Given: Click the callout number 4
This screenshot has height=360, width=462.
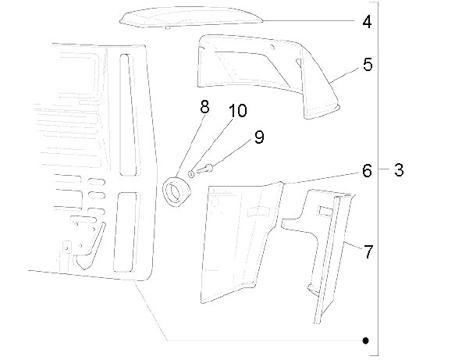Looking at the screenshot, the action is pos(367,22).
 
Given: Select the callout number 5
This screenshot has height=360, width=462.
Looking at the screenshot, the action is pos(368,65).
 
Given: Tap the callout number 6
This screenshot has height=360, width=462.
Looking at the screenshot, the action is pos(367,171).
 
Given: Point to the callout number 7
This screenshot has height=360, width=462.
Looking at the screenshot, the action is pos(368,251).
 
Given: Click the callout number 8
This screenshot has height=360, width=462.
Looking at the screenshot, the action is pos(204,107).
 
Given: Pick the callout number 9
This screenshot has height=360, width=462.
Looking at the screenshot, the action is pos(259,137).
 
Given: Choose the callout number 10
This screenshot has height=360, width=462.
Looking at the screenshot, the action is pos(238,111).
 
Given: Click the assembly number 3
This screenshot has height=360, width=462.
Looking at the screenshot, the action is pos(399,170).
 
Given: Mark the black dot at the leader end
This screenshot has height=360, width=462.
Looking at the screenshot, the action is pos(365,340).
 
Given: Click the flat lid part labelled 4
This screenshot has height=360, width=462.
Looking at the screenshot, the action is pos(191,18).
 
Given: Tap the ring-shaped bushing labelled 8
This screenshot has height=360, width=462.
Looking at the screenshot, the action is pos(177,191).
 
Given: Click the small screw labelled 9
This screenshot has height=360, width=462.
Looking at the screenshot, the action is pos(204,169).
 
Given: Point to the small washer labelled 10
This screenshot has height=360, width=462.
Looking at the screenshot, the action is pos(191,173).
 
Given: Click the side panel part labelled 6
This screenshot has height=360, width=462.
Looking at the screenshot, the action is pos(240,242).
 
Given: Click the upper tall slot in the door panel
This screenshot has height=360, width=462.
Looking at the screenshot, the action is pos(127,115).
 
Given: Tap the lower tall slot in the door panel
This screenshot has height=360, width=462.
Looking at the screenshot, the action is pos(125,232).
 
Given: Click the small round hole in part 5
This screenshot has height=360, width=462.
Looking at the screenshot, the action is pos(272,47).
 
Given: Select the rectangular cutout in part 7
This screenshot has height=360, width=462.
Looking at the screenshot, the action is pos(325,211).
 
